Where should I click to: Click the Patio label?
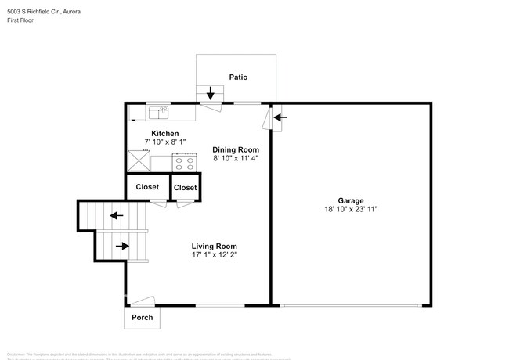pyautogui.click(x=239, y=77)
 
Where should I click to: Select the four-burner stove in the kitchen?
pyautogui.click(x=184, y=163)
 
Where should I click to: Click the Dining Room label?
pyautogui.click(x=236, y=149)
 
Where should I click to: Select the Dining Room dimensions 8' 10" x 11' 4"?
pyautogui.click(x=236, y=158)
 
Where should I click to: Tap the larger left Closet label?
pyautogui.click(x=147, y=187)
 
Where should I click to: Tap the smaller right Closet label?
pyautogui.click(x=185, y=188)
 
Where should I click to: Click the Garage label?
pyautogui.click(x=350, y=200)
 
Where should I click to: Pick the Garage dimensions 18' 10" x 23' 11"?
pyautogui.click(x=350, y=209)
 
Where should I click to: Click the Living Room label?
pyautogui.click(x=214, y=246)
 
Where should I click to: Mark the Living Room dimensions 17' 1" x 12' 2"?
pyautogui.click(x=214, y=254)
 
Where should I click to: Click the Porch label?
pyautogui.click(x=142, y=318)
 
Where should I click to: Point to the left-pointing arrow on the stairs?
pyautogui.click(x=117, y=215)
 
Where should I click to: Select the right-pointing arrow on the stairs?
pyautogui.click(x=122, y=246)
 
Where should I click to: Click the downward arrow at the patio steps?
pyautogui.click(x=210, y=94)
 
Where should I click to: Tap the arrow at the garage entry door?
pyautogui.click(x=280, y=117)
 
